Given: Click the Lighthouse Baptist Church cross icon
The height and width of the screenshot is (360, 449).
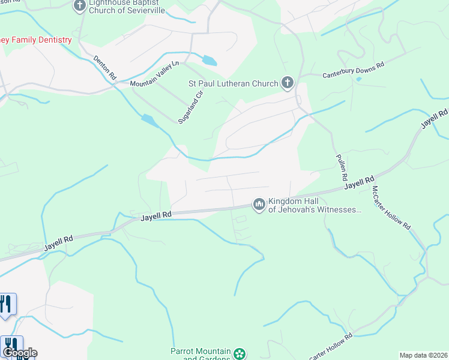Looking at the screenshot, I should (x=79, y=7).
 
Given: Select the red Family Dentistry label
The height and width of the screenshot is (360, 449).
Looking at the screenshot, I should (x=36, y=40).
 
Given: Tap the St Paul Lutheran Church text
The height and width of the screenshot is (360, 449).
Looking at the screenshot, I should (x=234, y=84).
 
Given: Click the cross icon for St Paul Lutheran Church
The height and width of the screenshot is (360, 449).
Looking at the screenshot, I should (x=288, y=83).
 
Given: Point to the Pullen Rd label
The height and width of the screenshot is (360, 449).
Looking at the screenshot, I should (x=341, y=167).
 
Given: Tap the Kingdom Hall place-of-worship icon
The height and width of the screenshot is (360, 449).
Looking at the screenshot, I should (x=259, y=205).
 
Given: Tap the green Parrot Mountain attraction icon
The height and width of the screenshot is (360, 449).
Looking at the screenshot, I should (x=240, y=354).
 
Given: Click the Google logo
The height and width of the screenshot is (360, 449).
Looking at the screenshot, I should (x=20, y=353).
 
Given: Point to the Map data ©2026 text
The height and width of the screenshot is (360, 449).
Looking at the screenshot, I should (x=423, y=355).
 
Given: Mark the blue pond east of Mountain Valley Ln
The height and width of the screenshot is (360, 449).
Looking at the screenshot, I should (x=209, y=61).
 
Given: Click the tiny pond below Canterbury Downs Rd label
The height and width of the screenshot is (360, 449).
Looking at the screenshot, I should (x=358, y=79).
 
